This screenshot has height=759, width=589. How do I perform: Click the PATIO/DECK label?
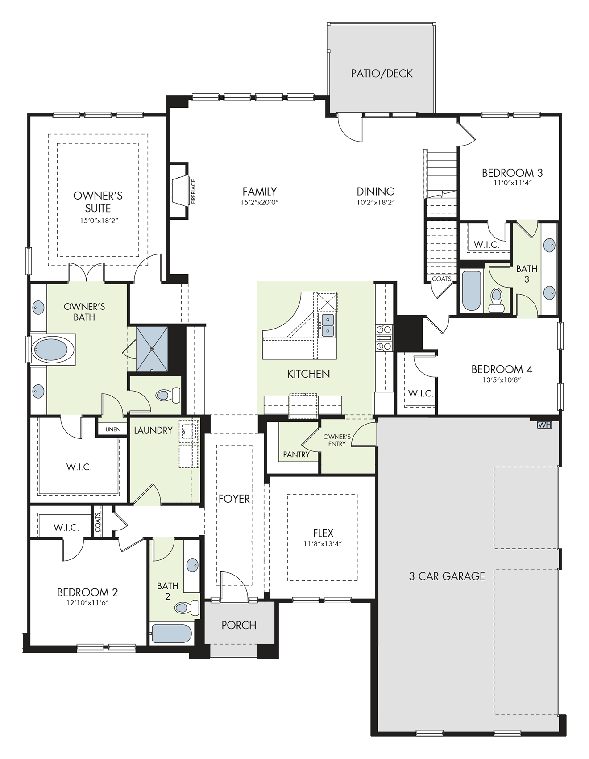(x=382, y=74)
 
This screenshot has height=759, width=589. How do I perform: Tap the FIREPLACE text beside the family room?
(x=193, y=192)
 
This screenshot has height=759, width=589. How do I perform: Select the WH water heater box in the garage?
(x=544, y=425)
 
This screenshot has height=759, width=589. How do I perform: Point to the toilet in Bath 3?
(x=495, y=300)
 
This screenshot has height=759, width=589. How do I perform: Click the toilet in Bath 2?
(x=187, y=607)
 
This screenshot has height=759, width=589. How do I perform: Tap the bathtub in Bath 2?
(x=172, y=634)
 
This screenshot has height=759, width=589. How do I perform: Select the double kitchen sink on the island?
(x=327, y=325)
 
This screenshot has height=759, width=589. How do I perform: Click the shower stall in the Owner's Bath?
(x=152, y=349)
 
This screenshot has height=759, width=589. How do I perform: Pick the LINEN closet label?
(x=113, y=430)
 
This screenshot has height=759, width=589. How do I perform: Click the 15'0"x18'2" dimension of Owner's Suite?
(x=99, y=221)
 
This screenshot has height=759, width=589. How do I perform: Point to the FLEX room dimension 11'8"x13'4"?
(x=323, y=544)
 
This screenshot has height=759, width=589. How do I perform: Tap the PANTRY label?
(x=296, y=455)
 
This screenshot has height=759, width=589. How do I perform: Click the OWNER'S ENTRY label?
(x=337, y=440)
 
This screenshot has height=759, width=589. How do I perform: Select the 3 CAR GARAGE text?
(x=447, y=576)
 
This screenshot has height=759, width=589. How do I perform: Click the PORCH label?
(x=239, y=625)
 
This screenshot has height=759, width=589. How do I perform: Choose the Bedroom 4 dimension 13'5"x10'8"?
(x=502, y=380)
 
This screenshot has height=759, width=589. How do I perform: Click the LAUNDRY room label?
(x=153, y=430)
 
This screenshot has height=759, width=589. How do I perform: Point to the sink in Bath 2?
(x=192, y=565)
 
